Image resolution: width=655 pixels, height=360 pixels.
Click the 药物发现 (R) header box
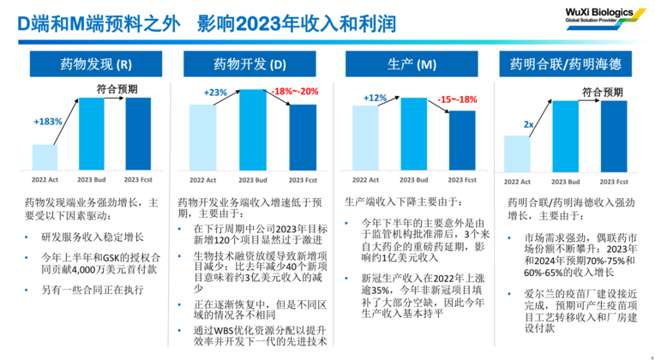pos(95,63)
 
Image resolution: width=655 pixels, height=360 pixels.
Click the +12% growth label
pos(375,97)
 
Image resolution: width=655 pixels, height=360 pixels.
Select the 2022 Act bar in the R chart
pos(45,157)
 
